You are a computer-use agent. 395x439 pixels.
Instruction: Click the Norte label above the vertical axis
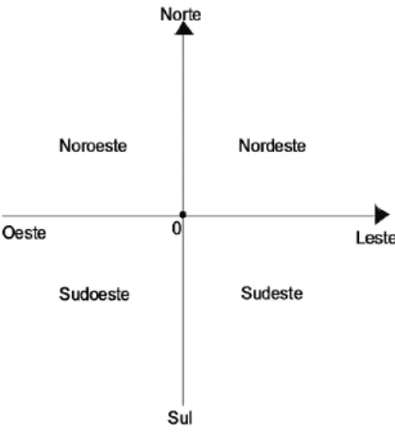180,15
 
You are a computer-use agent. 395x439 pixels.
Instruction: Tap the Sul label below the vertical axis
180,418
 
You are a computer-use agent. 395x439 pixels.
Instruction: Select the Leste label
375,238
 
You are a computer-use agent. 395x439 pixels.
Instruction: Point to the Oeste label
24,233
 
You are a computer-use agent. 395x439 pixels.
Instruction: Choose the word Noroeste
93,145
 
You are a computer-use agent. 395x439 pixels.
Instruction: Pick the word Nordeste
272,145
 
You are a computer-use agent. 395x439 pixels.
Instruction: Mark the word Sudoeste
94,294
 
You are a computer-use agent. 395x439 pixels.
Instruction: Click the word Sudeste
272,293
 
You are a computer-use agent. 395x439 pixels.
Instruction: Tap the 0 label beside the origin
177,229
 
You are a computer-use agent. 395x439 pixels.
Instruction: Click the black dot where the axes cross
183,215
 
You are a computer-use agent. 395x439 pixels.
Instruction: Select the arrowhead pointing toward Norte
184,28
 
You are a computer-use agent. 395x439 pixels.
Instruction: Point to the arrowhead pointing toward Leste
382,215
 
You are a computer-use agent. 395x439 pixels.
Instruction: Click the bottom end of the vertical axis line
183,405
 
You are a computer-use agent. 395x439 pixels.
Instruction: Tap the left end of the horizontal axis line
3,216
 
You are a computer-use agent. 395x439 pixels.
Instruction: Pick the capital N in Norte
166,15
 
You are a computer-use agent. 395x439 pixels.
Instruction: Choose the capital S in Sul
173,418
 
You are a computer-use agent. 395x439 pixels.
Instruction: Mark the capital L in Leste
361,238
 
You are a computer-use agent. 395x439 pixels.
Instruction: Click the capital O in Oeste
9,233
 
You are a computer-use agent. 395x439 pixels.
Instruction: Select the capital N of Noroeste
64,145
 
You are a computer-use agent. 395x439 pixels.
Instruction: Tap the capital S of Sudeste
246,293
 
